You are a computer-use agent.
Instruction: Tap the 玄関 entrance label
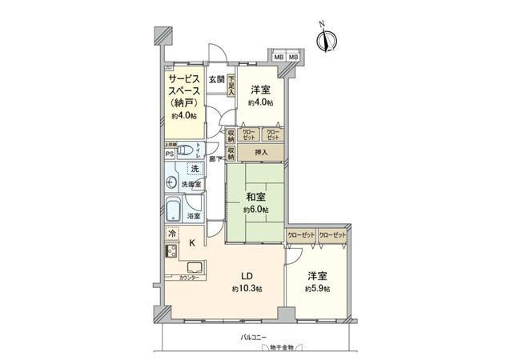click(216, 80)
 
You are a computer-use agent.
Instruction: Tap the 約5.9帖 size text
click(317, 288)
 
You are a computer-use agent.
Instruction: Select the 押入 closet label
click(261, 151)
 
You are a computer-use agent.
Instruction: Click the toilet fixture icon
click(185, 149)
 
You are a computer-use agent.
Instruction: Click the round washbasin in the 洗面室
click(171, 183)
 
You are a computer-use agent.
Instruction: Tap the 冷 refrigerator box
click(172, 234)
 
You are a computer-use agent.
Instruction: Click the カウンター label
click(180, 278)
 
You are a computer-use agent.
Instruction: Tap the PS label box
click(170, 154)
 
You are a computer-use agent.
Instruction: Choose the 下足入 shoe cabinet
click(231, 86)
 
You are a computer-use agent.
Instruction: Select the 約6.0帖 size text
click(256, 210)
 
